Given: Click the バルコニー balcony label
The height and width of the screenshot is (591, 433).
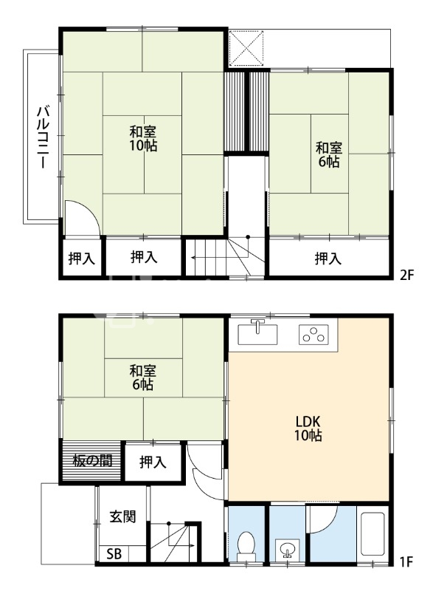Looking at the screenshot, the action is (x=43, y=137).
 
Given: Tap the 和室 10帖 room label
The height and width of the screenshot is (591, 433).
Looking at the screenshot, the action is (x=143, y=139).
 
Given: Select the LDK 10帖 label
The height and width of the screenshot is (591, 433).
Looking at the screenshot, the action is (x=308, y=428).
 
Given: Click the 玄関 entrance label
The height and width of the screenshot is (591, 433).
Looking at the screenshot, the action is (x=122, y=516).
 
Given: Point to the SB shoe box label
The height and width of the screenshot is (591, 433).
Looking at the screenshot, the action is (x=114, y=554).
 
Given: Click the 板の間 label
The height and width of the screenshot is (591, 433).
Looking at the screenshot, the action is (x=92, y=460).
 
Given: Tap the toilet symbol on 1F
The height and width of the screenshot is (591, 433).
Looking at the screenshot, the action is (x=246, y=547).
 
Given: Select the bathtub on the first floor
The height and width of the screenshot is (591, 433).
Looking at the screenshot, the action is (x=372, y=533).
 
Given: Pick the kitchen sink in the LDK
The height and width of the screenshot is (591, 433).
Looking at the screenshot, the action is (x=257, y=334).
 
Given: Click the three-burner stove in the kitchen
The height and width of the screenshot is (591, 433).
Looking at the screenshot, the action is (x=314, y=335).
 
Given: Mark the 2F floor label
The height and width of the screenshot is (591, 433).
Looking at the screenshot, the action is (x=406, y=275).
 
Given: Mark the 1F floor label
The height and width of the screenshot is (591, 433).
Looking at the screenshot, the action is (x=406, y=561).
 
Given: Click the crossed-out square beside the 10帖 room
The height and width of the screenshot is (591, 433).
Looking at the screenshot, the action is (x=246, y=48).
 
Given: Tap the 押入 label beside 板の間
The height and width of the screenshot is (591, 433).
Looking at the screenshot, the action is (x=153, y=462).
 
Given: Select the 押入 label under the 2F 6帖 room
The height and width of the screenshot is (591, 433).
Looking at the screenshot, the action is (x=328, y=259).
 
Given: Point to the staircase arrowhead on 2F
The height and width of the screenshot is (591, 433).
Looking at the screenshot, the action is (x=193, y=258).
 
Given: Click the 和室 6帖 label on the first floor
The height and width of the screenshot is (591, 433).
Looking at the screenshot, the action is (x=143, y=378).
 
